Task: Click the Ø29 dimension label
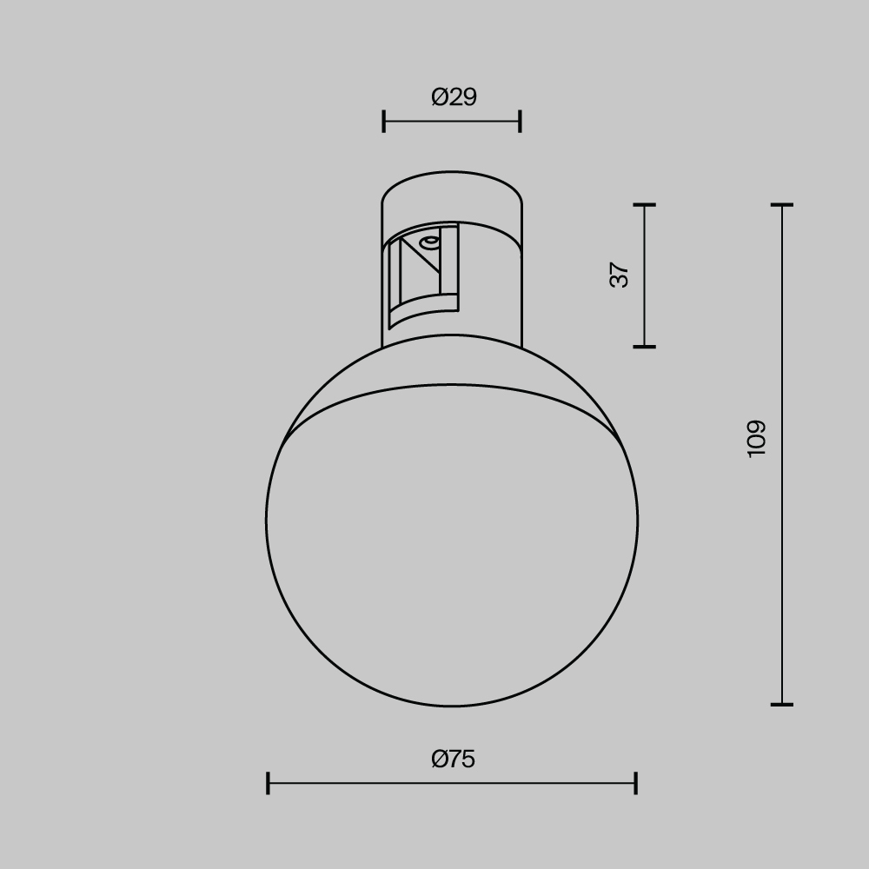point(454,97)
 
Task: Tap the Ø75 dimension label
point(453,760)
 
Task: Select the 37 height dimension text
point(620,275)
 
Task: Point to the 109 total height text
point(756,438)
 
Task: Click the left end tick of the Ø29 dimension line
point(383,122)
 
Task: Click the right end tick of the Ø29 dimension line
point(520,122)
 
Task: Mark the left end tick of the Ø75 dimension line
point(268,783)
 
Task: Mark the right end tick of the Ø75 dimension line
point(636,783)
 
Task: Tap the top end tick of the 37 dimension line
point(644,205)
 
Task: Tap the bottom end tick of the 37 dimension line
point(644,347)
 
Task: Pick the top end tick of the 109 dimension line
point(782,205)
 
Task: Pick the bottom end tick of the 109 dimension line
point(782,704)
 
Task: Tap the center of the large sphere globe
point(452,539)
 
